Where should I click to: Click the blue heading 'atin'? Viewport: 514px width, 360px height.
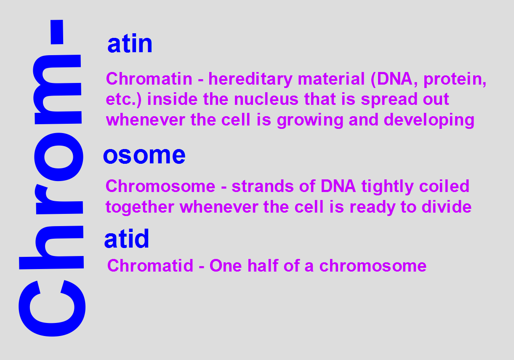click(130, 43)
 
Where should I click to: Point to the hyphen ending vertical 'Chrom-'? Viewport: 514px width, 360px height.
click(57, 32)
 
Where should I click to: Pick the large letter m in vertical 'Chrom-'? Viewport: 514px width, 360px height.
click(57, 90)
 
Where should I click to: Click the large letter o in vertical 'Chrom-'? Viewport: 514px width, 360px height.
click(59, 157)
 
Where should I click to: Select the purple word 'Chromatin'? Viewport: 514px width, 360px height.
click(149, 79)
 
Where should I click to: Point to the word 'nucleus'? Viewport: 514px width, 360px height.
click(266, 99)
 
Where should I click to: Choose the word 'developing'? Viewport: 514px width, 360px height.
click(429, 120)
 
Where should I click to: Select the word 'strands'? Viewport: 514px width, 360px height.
click(263, 186)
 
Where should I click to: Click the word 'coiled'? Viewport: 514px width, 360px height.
click(444, 186)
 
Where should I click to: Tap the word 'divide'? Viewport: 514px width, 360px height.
click(447, 207)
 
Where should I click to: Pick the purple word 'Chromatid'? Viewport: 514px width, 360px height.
click(150, 266)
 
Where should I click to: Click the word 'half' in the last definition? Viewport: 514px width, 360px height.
click(263, 266)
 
